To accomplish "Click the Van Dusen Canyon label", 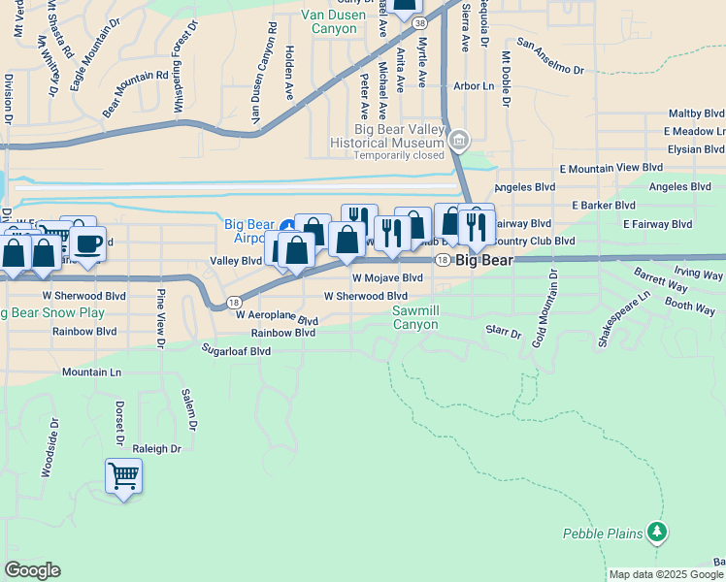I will point(334,21).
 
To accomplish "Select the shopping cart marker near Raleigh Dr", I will point(123,476).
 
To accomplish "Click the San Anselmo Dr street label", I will point(550,57).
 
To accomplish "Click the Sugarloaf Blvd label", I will point(236,349).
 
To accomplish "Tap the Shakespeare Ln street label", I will point(623,320).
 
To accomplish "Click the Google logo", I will point(32,570).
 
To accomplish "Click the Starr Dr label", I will point(503,332).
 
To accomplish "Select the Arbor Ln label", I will point(474,85).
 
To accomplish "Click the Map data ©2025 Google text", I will point(666,574).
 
